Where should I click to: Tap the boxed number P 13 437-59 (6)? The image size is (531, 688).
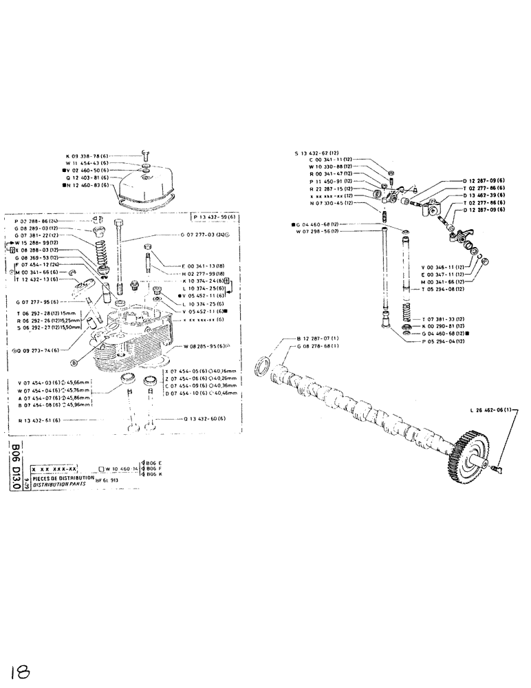tap(215, 217)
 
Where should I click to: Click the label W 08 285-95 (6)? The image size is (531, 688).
tap(211, 346)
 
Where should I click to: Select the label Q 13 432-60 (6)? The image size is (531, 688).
tap(210, 418)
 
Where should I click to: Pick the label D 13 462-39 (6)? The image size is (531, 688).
tap(484, 195)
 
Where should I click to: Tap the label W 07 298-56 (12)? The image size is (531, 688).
tap(319, 231)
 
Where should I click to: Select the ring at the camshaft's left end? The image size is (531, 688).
tap(263, 366)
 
